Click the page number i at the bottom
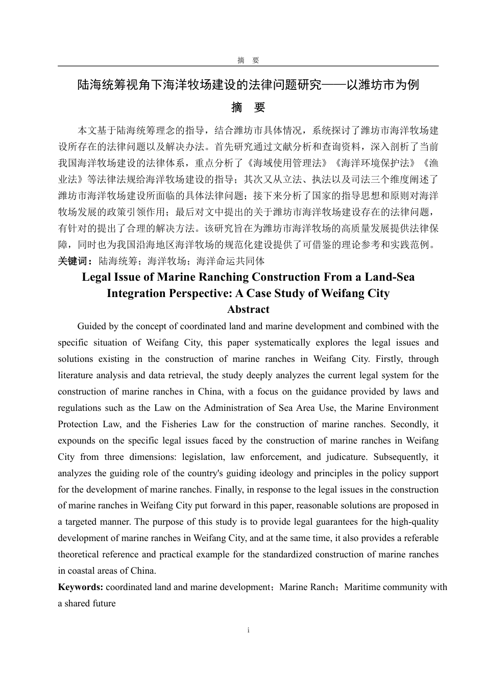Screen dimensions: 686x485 pos(248,630)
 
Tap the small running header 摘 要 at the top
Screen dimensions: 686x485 pos(248,60)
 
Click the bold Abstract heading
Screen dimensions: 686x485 pos(248,309)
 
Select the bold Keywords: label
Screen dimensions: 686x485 pos(81,587)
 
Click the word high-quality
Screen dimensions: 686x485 pos(415,522)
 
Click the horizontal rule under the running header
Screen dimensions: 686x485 pos(248,66)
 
